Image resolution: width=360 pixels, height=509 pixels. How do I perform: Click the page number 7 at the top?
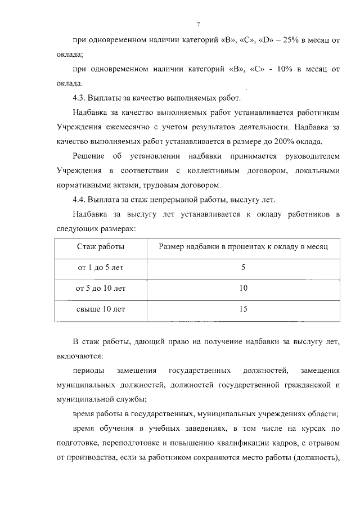click(198, 23)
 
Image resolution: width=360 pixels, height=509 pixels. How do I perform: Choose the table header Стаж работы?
click(101, 247)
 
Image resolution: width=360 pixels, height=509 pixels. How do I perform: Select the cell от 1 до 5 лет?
click(101, 268)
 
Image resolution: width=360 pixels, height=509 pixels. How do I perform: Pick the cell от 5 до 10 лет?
click(101, 288)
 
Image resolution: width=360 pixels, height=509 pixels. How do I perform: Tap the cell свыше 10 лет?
click(101, 309)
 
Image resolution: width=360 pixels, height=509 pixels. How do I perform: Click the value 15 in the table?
click(243, 309)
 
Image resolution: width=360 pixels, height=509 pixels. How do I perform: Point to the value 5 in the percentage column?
click(243, 268)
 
